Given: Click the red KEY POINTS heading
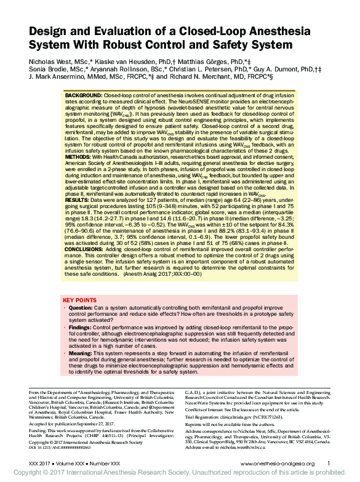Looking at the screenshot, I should click(79, 300).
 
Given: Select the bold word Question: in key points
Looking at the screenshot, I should click(81, 307).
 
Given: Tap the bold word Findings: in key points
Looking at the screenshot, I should click(81, 328).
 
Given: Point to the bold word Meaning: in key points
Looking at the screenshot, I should click(81, 354).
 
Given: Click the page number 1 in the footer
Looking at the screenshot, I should click(329, 463).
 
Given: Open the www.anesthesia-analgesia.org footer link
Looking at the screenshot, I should click(278, 464).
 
